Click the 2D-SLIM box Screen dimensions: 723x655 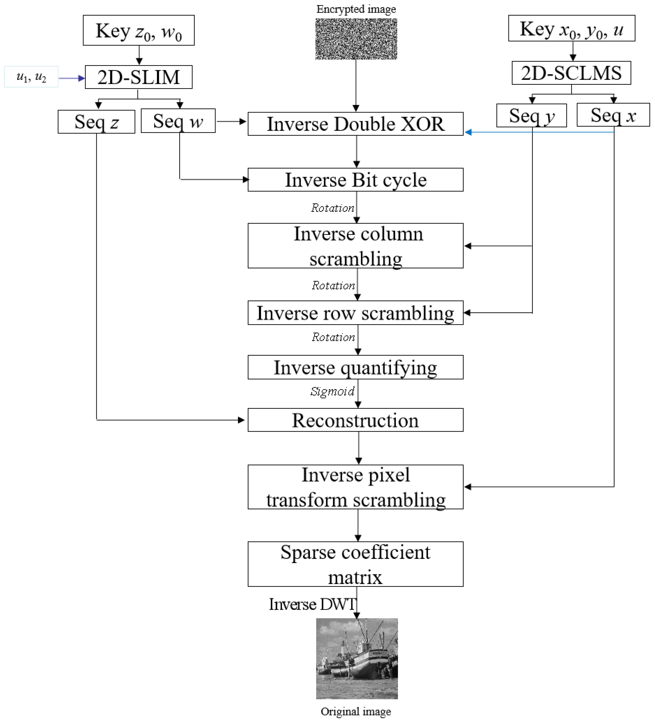(x=139, y=77)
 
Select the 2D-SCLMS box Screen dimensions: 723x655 (x=571, y=73)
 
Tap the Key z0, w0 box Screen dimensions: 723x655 (x=139, y=31)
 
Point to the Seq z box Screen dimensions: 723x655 (x=96, y=122)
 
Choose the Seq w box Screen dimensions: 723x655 (x=178, y=121)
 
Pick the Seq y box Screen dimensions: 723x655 (x=531, y=115)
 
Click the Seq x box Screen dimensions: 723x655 (x=613, y=115)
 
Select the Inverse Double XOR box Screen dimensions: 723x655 (x=355, y=124)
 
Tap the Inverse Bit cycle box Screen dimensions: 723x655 (x=355, y=180)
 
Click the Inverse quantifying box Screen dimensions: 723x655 (x=355, y=367)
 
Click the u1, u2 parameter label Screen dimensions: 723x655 (x=31, y=77)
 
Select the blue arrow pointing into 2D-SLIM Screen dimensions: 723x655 (x=71, y=78)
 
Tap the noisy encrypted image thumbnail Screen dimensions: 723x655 (x=356, y=39)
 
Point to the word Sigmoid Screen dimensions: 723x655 (x=332, y=391)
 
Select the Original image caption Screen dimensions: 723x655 (x=356, y=711)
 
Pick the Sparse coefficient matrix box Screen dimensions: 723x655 (x=355, y=564)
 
